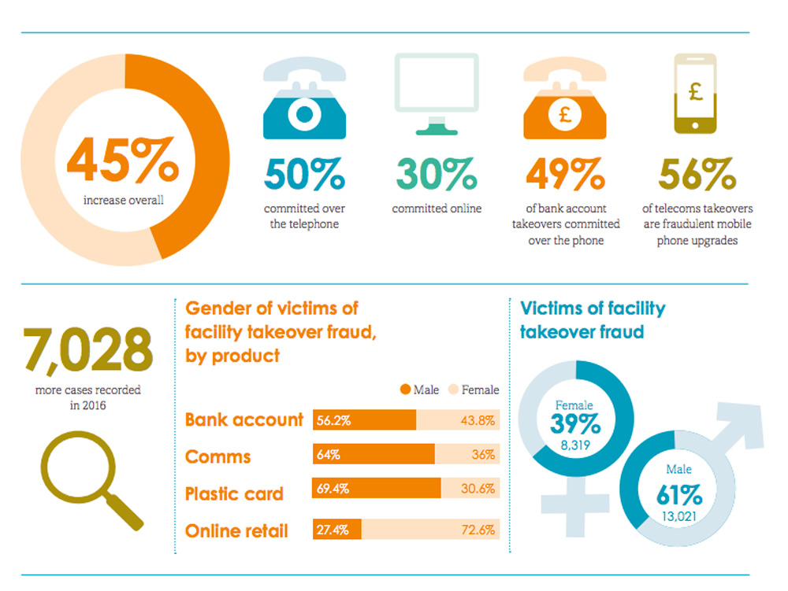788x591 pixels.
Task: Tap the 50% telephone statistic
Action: pos(304,174)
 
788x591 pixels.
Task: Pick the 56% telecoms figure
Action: pos(697,174)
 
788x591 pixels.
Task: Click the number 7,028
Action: pos(83,352)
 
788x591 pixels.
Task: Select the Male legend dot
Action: pos(406,390)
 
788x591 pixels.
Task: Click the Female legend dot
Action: pos(453,390)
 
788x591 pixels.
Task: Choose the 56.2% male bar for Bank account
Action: pos(364,420)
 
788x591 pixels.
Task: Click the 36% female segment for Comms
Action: pos(467,455)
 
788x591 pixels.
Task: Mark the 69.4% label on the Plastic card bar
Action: pos(333,489)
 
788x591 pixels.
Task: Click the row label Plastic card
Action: pos(234,494)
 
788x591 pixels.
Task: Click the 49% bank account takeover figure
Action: pos(566,174)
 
